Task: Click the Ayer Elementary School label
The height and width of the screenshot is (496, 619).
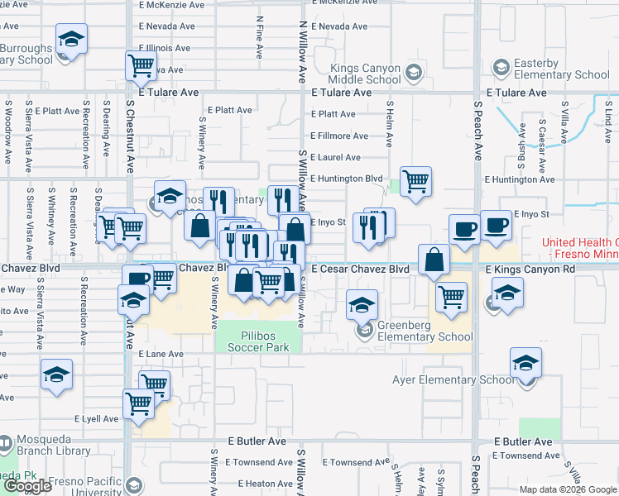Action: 452,380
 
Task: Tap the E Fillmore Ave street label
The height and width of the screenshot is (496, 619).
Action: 339,136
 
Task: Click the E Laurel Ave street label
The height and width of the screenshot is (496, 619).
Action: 336,157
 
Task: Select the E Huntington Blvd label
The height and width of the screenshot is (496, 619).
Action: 347,179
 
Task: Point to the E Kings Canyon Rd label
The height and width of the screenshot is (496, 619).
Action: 530,269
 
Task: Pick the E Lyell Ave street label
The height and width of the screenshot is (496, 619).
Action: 96,419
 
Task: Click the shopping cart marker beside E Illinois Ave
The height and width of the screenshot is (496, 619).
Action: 142,65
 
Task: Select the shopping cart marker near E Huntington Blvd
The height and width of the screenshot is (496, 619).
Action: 415,181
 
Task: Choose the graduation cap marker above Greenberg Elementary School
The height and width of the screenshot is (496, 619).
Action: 362,305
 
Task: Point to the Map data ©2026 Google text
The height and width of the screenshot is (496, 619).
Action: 567,489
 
